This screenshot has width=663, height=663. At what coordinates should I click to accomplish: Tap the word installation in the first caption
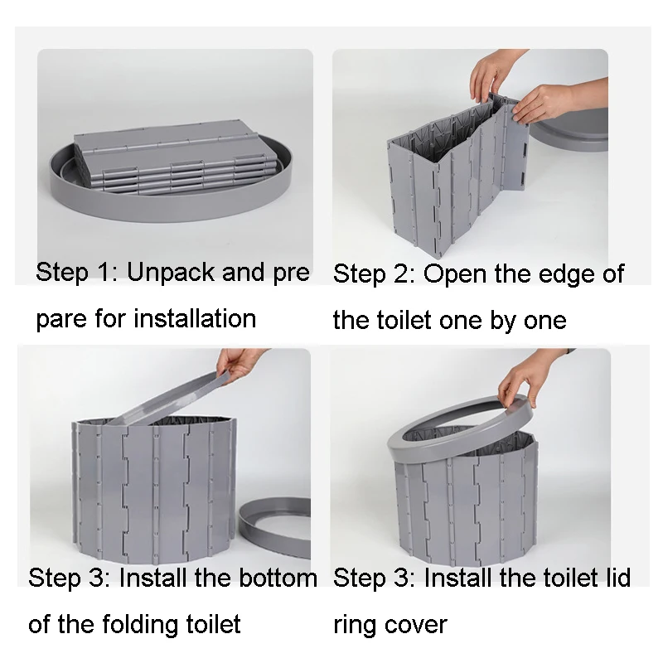[x=195, y=318]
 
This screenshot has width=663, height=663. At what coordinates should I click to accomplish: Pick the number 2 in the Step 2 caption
[x=402, y=274]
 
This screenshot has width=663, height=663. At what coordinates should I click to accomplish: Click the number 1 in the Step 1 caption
[x=104, y=273]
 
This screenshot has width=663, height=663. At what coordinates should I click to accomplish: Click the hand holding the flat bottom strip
[x=238, y=365]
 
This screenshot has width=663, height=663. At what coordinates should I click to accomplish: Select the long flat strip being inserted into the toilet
[x=169, y=399]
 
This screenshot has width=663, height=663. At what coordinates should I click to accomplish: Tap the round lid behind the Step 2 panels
[x=569, y=129]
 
